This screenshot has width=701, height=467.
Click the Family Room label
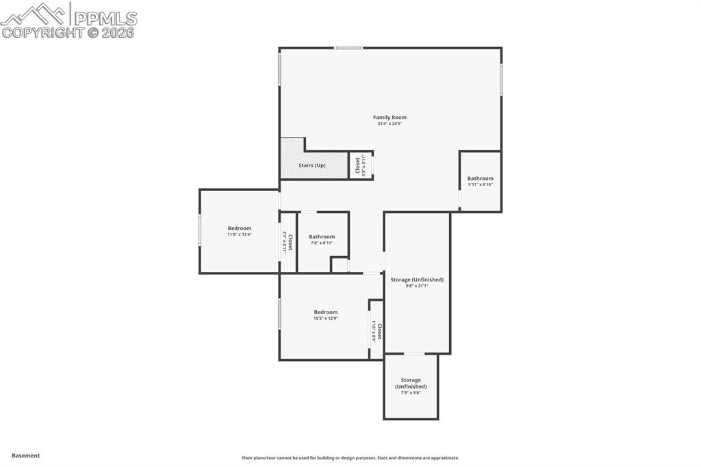390,118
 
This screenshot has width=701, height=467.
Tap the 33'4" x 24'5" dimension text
390,124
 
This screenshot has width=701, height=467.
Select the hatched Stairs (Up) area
313,164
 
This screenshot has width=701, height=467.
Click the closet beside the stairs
361,165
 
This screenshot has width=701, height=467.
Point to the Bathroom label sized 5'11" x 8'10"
480,179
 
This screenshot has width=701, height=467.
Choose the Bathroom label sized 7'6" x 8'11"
321,237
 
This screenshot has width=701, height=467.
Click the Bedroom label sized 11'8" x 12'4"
240,229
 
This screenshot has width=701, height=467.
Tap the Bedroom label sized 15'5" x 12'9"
326,312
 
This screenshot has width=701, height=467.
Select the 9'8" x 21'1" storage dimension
417,286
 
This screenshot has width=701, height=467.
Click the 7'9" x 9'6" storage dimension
411,392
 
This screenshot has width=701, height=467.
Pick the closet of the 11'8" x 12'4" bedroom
288,242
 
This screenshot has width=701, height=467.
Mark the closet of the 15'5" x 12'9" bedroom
377,331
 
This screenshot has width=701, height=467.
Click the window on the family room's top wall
348,48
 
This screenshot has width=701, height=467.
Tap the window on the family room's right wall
501,79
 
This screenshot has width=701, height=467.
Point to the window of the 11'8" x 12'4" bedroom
200,230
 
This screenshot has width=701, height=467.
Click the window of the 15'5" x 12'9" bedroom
279,314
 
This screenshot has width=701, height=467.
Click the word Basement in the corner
26,455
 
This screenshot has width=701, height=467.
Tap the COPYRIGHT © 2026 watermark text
68,32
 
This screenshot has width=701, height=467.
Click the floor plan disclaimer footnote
350,458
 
